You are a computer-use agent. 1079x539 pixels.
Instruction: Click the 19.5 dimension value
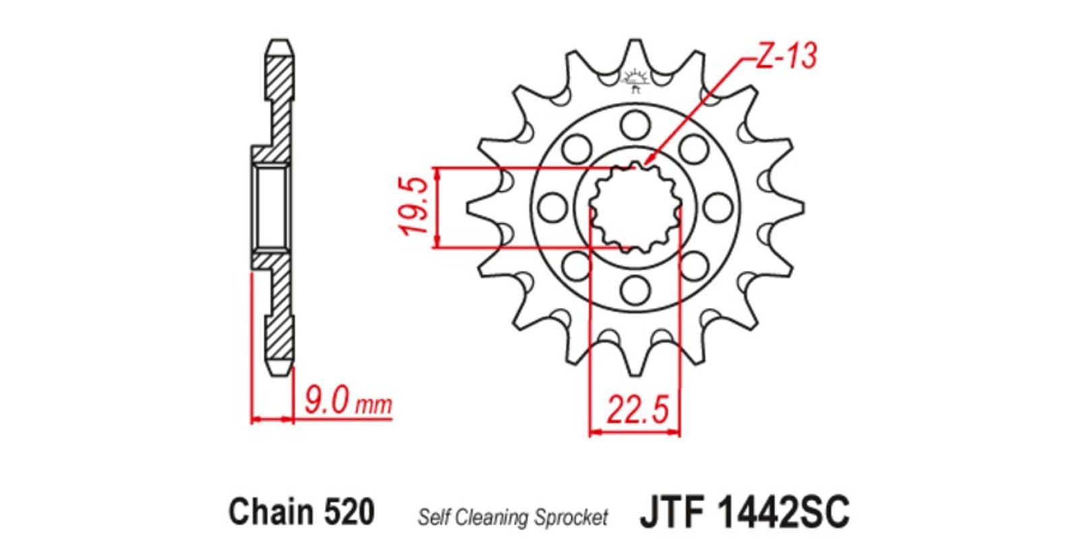[x=415, y=207]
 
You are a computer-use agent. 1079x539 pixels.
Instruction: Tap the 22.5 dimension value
[x=638, y=410]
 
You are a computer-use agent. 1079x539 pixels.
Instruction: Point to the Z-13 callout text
[x=786, y=57]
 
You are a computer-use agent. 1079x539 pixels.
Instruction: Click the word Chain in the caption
[x=272, y=511]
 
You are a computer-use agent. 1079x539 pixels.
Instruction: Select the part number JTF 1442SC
[x=745, y=513]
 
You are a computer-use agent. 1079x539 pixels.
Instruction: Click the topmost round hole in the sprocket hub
[x=635, y=125]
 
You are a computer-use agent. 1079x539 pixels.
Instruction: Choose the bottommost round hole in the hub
[x=635, y=290]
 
